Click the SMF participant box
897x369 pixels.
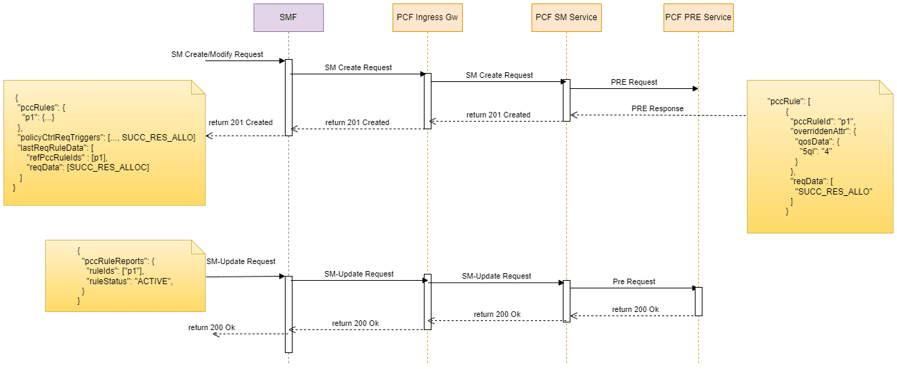coord(288,17)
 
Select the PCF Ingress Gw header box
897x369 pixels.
coord(427,17)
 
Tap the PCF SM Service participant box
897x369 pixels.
coord(566,17)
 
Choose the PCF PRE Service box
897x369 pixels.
coord(698,17)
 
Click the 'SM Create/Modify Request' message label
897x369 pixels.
coord(217,55)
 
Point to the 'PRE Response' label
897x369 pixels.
coord(657,108)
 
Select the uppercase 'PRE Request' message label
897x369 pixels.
coord(634,82)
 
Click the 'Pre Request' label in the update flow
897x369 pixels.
coord(634,281)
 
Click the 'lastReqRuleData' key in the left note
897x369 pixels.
coord(48,148)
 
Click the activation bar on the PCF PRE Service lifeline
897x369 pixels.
coord(698,301)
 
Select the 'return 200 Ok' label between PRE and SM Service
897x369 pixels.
coord(635,309)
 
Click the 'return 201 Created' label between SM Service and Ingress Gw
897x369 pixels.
coord(497,115)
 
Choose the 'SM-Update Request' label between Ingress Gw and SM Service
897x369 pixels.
coord(496,276)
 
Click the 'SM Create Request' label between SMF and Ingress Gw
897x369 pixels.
coord(358,67)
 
